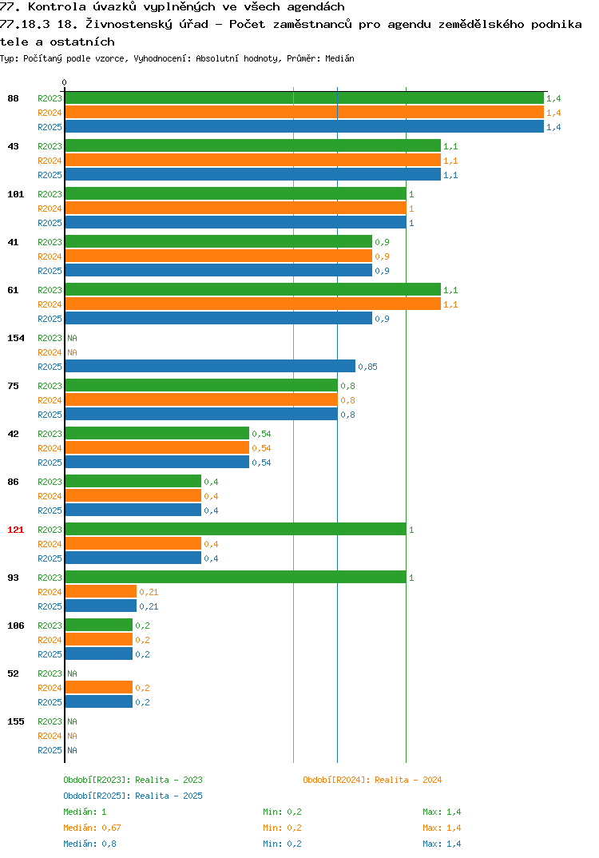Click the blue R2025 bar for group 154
[210, 366]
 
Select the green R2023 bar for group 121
[236, 529]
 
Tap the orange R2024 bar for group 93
[101, 591]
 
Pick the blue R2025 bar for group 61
[219, 319]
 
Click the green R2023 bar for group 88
[305, 98]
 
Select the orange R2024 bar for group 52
[99, 687]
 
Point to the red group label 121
[16, 530]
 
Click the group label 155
[16, 721]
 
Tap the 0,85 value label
[367, 367]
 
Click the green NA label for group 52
[72, 673]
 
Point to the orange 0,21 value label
[149, 592]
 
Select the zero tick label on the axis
[64, 82]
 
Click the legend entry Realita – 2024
[372, 780]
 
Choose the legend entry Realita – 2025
[133, 796]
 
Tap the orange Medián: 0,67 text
[92, 828]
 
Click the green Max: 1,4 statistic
[442, 812]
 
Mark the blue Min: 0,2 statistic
[282, 844]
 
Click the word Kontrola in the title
[57, 6]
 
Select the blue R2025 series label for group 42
[50, 463]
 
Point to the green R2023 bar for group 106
[99, 625]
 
